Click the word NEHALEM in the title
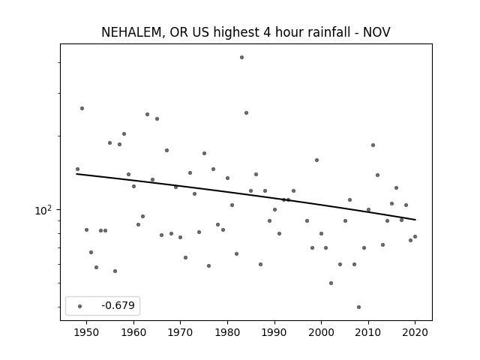tap(131, 32)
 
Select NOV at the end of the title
tap(376, 32)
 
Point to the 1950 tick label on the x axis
tap(87, 332)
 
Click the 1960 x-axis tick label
tap(133, 332)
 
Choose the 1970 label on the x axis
tap(180, 332)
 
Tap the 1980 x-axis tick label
tap(227, 332)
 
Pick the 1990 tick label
tap(274, 332)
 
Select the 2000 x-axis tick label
tap(321, 332)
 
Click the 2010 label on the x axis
tap(368, 332)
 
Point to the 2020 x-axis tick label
tap(415, 332)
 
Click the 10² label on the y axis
tap(43, 210)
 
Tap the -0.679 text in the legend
tap(118, 305)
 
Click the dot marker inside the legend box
tap(80, 306)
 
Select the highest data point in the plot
tap(241, 57)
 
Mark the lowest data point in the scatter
tap(358, 307)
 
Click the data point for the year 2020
tap(415, 237)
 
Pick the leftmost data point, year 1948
tap(77, 169)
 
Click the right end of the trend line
tap(415, 220)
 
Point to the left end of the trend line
tap(76, 174)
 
